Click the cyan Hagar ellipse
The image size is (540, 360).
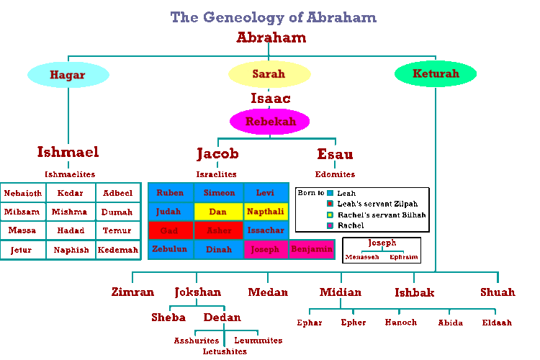[x=68, y=74]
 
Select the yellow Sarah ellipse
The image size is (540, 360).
[x=269, y=74]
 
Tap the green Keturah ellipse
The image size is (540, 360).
[x=436, y=74]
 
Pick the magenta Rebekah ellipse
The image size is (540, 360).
[x=270, y=122]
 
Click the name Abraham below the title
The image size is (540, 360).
[x=271, y=38]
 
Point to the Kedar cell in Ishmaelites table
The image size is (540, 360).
[x=71, y=193]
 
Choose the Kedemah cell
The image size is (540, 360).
[x=117, y=250]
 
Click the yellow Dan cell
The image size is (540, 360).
[x=217, y=212]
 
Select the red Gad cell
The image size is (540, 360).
[x=170, y=230]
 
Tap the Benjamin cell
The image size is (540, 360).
[x=312, y=250]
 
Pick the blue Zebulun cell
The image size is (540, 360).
[x=170, y=250]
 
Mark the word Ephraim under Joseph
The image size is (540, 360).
[x=404, y=256]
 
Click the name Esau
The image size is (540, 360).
[x=335, y=154]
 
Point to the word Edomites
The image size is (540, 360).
[x=335, y=174]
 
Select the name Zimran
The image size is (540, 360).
[x=132, y=292]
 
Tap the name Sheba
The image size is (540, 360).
[x=168, y=318]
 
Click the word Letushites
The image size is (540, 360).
[x=225, y=351]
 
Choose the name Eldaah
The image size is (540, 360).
[x=497, y=323]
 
